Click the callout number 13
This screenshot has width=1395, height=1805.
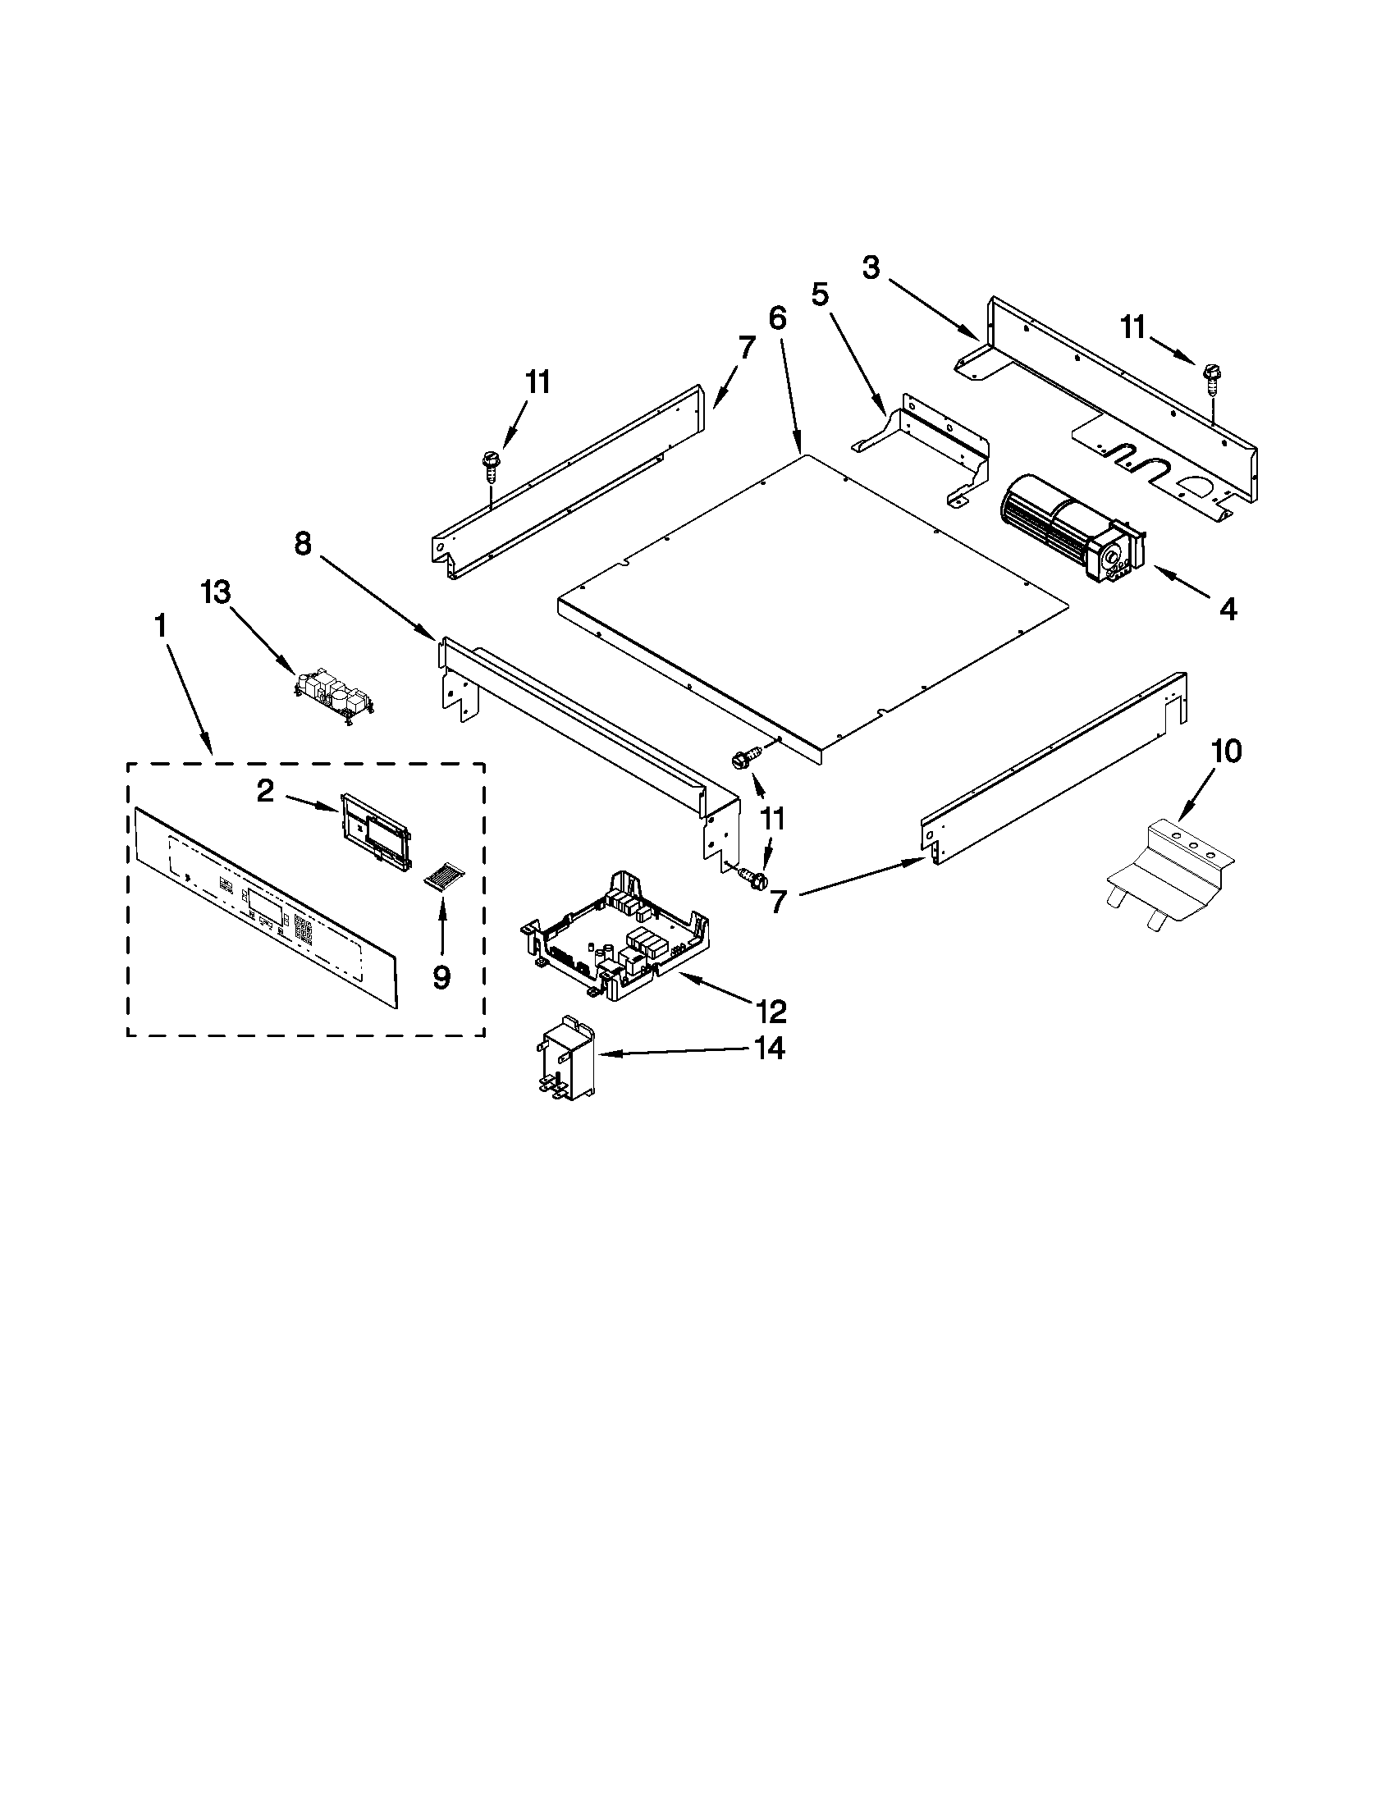pos(216,592)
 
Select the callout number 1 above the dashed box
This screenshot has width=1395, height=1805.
pos(160,626)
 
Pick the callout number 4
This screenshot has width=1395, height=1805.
pos(1228,610)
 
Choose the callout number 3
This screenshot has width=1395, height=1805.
pos(871,267)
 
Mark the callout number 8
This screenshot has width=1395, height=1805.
pos(304,543)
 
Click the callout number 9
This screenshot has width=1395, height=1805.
pos(441,978)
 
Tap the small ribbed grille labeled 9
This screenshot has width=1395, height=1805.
pos(445,876)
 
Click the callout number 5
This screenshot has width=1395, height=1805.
pos(820,295)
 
